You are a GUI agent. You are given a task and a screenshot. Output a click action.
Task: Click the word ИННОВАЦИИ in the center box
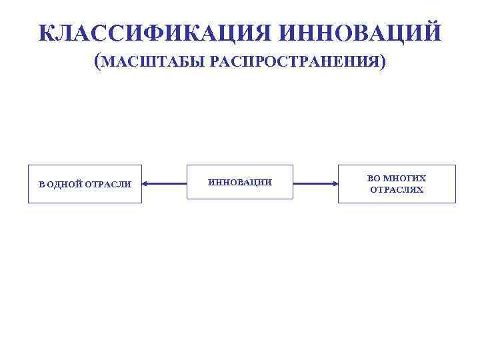click(240, 183)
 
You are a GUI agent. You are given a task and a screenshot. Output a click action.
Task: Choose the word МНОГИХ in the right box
click(405, 179)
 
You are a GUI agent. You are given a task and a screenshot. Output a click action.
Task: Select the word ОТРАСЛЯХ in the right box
click(397, 189)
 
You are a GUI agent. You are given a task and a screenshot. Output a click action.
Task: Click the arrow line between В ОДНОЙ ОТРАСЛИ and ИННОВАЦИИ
click(164, 183)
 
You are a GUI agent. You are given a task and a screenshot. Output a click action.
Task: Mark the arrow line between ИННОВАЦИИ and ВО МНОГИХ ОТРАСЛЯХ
click(315, 183)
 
